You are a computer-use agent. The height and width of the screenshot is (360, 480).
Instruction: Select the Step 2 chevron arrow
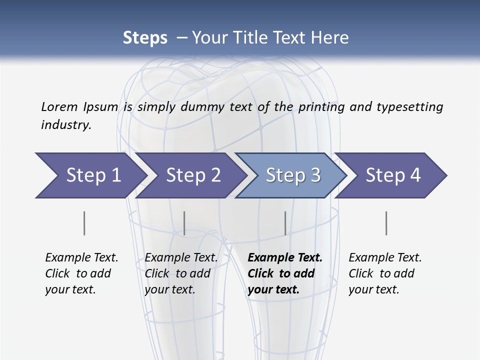(x=193, y=175)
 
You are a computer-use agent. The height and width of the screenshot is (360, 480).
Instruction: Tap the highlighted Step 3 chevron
(x=293, y=175)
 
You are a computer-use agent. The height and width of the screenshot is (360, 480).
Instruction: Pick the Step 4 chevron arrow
(x=393, y=175)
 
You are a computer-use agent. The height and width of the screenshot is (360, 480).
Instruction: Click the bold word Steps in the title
(x=145, y=38)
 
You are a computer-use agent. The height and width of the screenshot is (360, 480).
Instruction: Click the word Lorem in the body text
(x=59, y=106)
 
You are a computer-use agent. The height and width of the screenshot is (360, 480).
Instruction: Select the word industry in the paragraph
(x=65, y=125)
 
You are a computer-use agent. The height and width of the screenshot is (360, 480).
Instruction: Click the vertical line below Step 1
(x=84, y=223)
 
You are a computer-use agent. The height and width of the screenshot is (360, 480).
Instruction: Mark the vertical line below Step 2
(x=184, y=223)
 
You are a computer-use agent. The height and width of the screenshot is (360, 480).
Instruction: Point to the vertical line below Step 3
(x=285, y=223)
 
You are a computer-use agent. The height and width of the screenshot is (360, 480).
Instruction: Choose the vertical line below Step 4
(x=386, y=223)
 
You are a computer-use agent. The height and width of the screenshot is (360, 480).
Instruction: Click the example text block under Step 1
(x=81, y=273)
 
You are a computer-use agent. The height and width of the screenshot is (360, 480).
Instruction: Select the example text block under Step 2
(x=181, y=273)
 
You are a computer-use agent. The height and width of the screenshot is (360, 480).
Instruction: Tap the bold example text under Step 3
(x=285, y=273)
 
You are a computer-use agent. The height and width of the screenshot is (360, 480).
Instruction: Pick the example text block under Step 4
(x=385, y=273)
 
